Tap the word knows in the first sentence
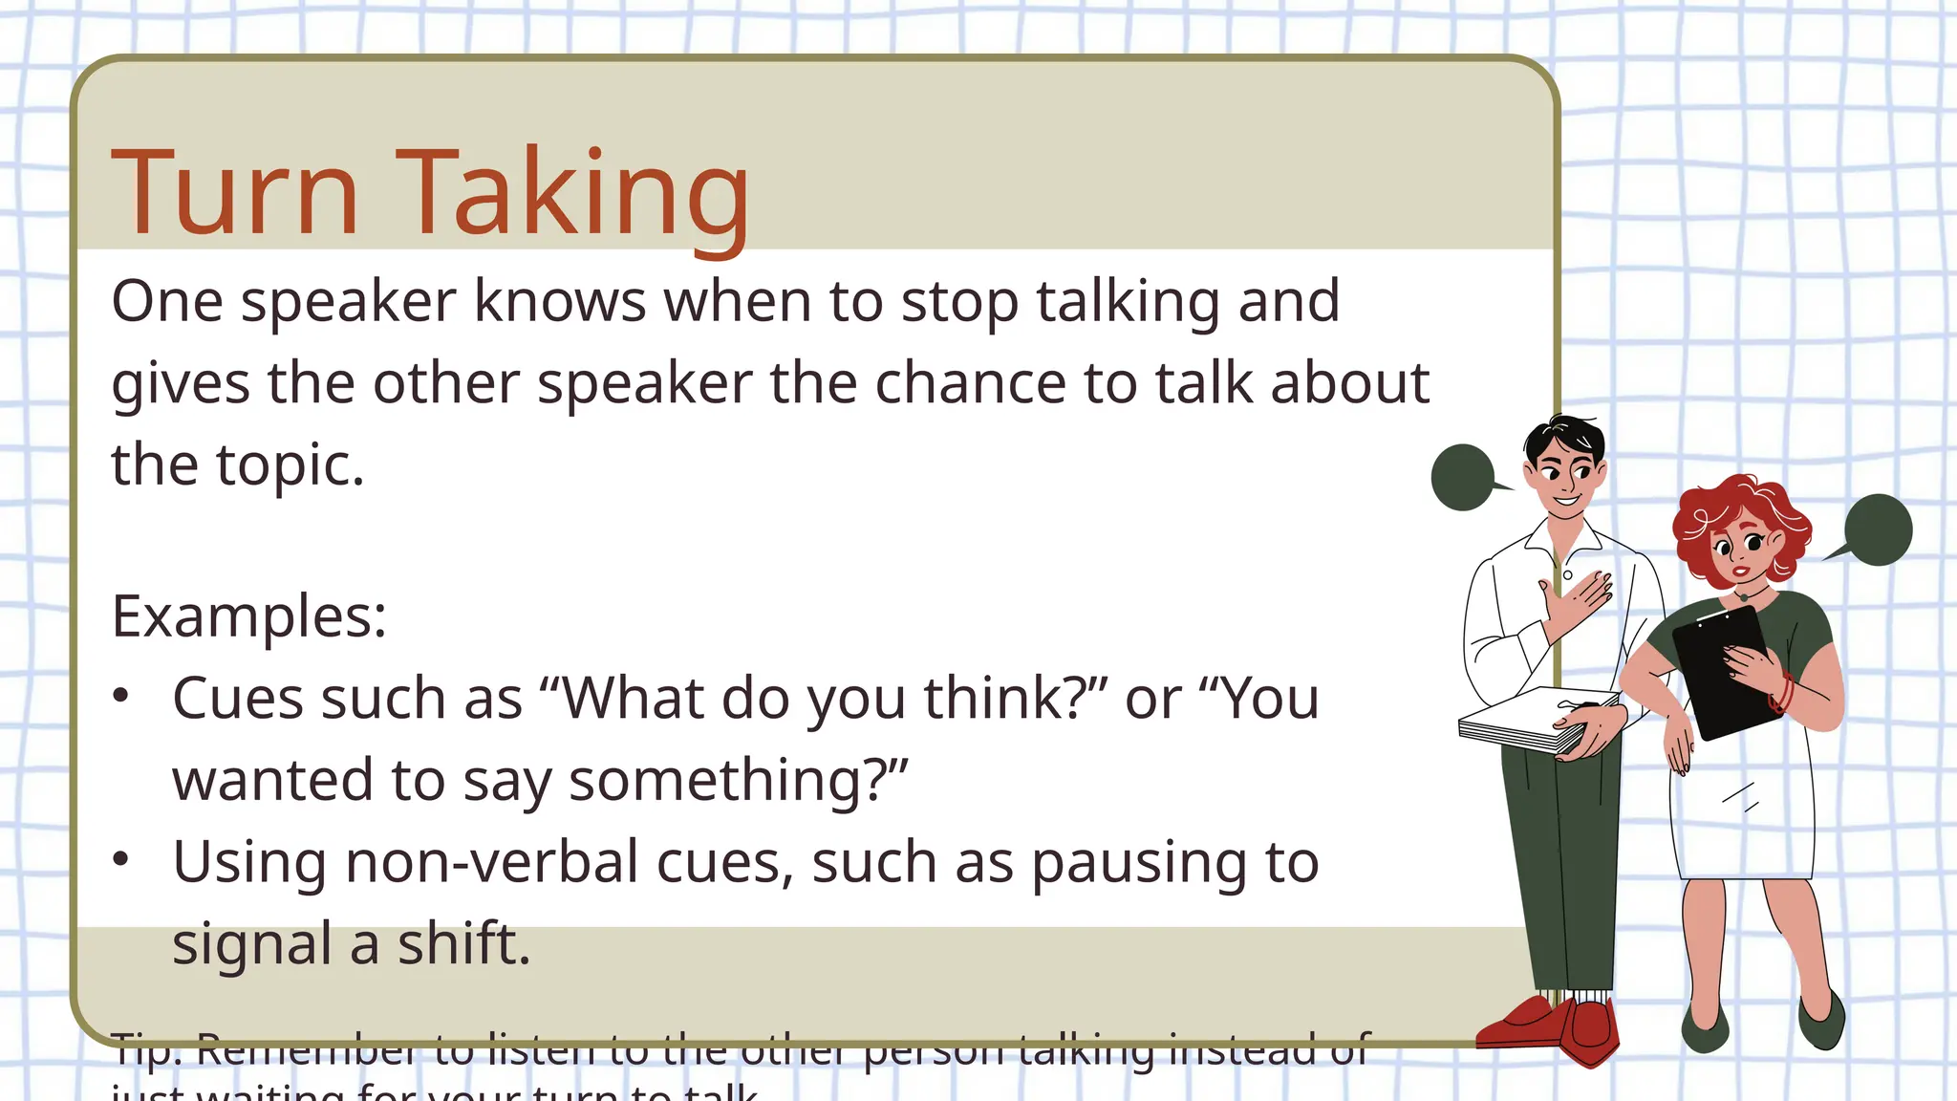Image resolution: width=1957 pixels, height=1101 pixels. [x=560, y=301]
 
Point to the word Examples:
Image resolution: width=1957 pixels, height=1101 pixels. [x=249, y=615]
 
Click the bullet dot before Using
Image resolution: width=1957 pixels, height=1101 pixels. [x=120, y=859]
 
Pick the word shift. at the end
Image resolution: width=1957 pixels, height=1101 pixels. [x=463, y=944]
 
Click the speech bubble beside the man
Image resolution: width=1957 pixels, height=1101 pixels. [x=1463, y=477]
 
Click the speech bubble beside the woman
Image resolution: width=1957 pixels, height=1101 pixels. [x=1877, y=529]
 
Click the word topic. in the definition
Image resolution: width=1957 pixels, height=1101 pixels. [x=290, y=465]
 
